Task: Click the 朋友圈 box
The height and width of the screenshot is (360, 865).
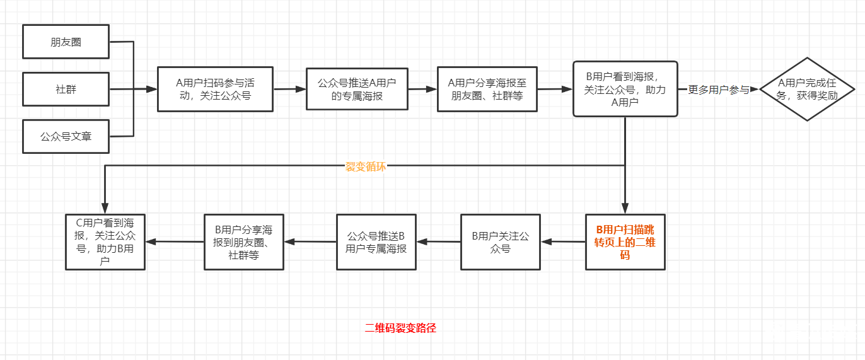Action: click(x=66, y=42)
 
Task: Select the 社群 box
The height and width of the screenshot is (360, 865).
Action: click(x=66, y=89)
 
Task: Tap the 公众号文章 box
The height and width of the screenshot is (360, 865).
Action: click(x=66, y=136)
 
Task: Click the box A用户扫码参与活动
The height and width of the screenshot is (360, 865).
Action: click(x=215, y=89)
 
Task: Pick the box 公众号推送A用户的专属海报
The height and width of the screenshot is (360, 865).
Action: click(x=357, y=89)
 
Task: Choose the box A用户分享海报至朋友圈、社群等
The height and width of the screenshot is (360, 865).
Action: click(x=487, y=89)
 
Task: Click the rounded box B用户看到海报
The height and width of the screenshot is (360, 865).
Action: click(x=625, y=89)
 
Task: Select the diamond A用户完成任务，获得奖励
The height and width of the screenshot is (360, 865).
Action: click(x=808, y=89)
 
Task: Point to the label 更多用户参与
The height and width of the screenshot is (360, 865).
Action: click(x=718, y=90)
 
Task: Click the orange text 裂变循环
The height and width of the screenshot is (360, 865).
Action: click(x=366, y=166)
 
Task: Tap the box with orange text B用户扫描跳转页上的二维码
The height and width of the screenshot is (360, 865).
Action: click(x=625, y=242)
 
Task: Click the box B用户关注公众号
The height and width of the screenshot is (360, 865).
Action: click(x=501, y=242)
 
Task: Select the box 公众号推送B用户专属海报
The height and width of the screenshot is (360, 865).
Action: click(x=376, y=242)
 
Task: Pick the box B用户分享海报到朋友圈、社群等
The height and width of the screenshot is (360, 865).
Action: click(x=244, y=242)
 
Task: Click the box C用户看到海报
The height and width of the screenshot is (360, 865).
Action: click(x=105, y=242)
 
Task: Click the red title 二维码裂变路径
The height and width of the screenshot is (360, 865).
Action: click(x=400, y=328)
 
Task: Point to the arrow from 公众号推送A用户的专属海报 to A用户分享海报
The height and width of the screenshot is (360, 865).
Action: click(x=422, y=90)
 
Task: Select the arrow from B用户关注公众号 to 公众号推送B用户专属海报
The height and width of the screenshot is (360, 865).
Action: click(x=438, y=241)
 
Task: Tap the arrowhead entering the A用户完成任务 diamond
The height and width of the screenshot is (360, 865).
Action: click(x=755, y=90)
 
